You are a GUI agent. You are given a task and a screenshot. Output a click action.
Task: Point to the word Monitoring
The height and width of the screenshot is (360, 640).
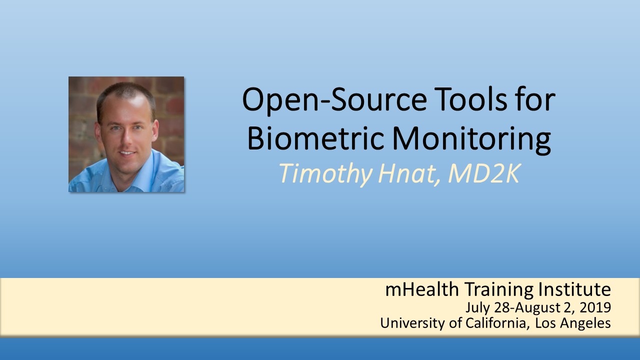coord(471,140)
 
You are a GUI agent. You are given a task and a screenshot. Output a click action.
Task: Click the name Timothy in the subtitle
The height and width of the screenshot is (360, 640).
coord(325,174)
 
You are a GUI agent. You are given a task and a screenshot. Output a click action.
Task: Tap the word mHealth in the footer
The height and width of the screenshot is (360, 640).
coord(422,289)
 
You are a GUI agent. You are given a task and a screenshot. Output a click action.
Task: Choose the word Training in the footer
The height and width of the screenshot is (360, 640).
coord(499,289)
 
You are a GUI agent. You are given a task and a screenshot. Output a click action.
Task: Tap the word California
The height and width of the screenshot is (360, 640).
coord(496,323)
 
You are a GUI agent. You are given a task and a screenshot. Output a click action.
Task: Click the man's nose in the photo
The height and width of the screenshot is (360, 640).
coord(125,140)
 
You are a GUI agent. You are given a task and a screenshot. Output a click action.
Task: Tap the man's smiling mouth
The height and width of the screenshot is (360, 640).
coord(127,153)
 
